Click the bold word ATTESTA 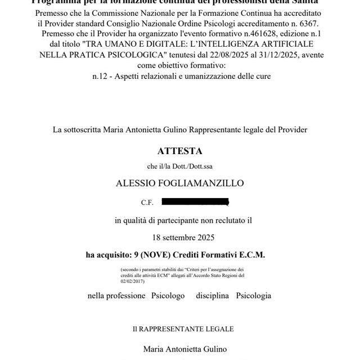click(179, 151)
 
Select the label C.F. click(147, 202)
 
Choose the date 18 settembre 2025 click(179, 237)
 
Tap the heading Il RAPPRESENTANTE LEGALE click(179, 328)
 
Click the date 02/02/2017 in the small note click(133, 280)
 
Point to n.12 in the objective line click(101, 76)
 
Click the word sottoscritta click(82, 129)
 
